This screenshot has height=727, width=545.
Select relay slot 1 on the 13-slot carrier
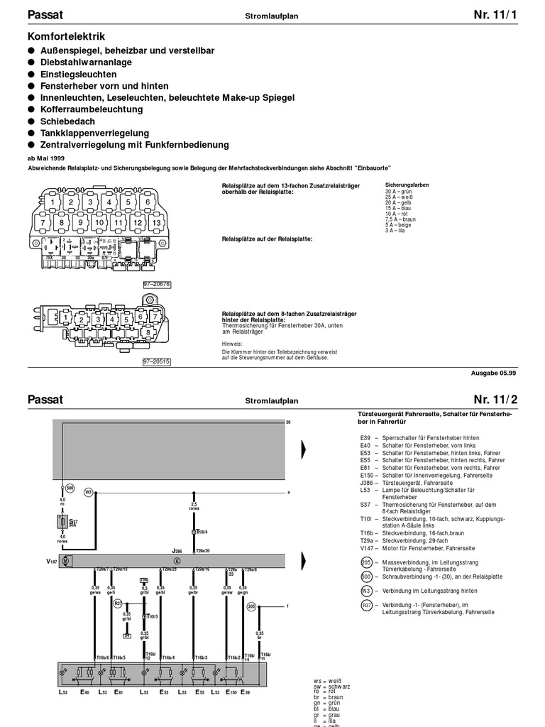[x=53, y=203]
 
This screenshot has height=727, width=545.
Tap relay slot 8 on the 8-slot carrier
[x=146, y=332]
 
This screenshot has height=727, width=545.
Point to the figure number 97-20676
[x=157, y=284]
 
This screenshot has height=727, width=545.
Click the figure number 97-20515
[x=157, y=361]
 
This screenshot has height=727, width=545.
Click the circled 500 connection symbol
[x=70, y=488]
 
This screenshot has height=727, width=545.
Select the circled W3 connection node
[x=89, y=491]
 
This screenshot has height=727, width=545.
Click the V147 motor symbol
[x=65, y=561]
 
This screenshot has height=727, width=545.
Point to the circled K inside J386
[x=177, y=561]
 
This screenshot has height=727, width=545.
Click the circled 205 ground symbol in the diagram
[x=251, y=606]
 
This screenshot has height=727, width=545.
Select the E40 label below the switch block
[x=84, y=692]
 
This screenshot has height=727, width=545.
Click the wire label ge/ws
[x=97, y=591]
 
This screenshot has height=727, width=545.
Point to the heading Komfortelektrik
[x=66, y=35]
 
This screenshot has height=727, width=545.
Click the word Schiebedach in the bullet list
[x=62, y=121]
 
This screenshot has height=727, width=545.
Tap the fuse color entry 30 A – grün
[x=398, y=192]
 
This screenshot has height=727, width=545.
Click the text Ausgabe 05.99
[x=494, y=373]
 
